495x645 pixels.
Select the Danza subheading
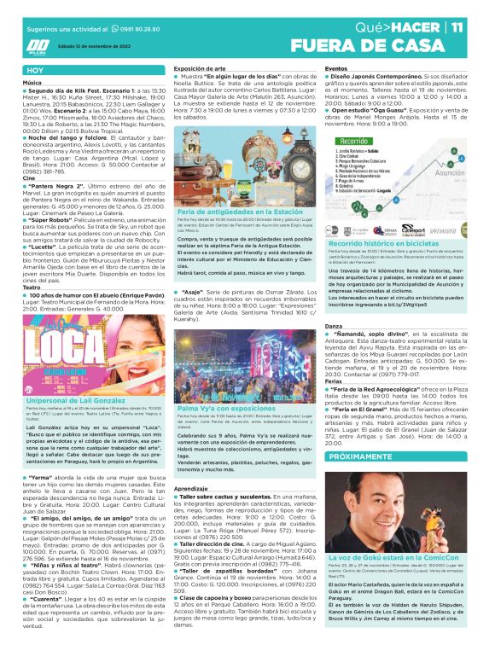[x=334, y=304]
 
